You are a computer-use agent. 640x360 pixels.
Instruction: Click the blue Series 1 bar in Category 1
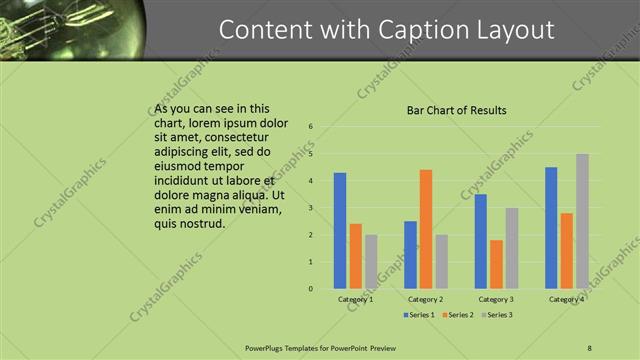[340, 231]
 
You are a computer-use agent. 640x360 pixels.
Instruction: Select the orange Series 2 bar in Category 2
[426, 229]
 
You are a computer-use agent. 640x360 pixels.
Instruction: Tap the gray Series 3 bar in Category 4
[582, 221]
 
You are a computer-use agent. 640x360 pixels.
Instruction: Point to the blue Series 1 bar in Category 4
[551, 228]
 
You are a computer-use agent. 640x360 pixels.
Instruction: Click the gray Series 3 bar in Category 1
[371, 262]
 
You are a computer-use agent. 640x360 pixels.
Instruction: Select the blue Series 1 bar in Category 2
[410, 255]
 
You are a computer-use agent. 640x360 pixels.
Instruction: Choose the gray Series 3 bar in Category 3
[512, 248]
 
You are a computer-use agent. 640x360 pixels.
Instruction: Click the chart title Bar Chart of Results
[456, 110]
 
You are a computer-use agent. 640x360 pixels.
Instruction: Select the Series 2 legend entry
[457, 315]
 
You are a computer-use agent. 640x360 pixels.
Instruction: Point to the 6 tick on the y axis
[312, 127]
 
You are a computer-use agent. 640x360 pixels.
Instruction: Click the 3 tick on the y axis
[312, 208]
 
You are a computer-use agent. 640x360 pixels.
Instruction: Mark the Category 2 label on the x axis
[426, 299]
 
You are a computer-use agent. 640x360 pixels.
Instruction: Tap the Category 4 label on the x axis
[566, 299]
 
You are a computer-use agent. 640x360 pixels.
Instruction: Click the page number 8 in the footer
[590, 348]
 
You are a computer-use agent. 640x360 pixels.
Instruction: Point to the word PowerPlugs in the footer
[266, 348]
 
